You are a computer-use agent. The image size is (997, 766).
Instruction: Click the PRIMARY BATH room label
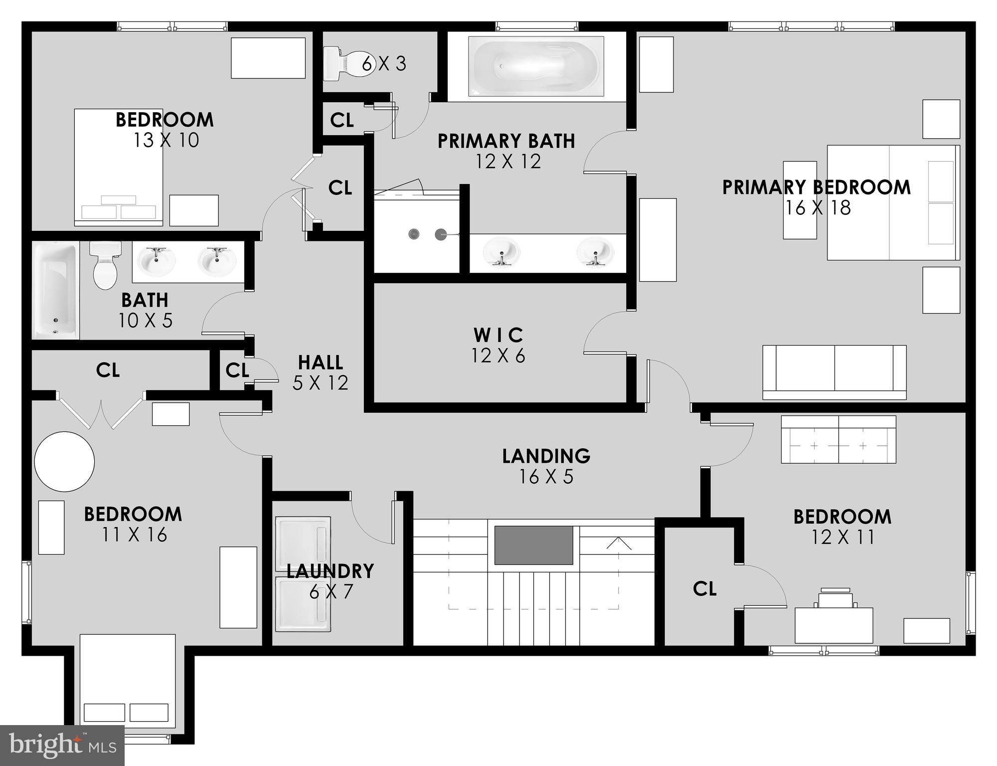pyautogui.click(x=506, y=141)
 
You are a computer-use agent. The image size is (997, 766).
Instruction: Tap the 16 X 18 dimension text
pyautogui.click(x=818, y=208)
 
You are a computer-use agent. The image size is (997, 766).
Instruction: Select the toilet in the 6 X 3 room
pyautogui.click(x=344, y=63)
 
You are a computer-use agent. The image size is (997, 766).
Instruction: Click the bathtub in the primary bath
pyautogui.click(x=536, y=67)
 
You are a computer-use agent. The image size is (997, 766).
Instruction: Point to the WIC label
pyautogui.click(x=498, y=335)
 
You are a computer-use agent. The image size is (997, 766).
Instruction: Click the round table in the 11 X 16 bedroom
pyautogui.click(x=64, y=461)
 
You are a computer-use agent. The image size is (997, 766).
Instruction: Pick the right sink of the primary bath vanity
pyautogui.click(x=595, y=252)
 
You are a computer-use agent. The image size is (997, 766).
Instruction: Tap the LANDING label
pyautogui.click(x=546, y=456)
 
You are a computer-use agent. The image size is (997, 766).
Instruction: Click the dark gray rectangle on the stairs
pyautogui.click(x=533, y=545)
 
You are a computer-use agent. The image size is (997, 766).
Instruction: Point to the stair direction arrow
pyautogui.click(x=619, y=544)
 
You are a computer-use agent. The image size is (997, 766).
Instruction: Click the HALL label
pyautogui.click(x=320, y=362)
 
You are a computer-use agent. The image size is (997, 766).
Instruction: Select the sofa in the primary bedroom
pyautogui.click(x=834, y=372)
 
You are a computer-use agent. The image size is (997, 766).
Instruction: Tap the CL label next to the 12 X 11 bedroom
pyautogui.click(x=704, y=589)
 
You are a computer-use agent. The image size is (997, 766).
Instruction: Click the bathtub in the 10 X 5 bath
pyautogui.click(x=56, y=290)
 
